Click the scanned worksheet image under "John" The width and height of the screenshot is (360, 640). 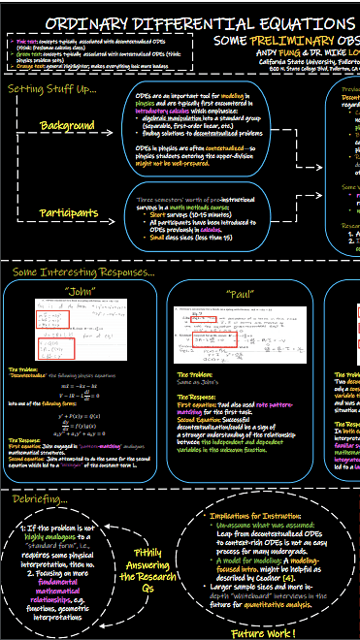pos(60,333)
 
